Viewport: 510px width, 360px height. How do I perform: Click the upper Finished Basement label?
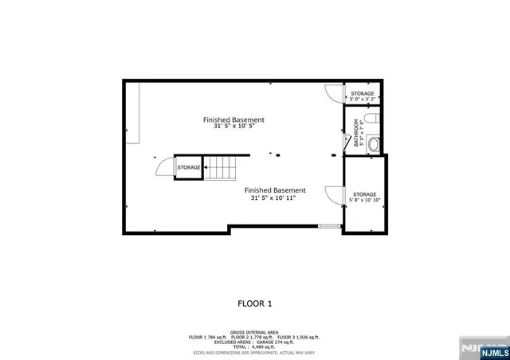point(233,120)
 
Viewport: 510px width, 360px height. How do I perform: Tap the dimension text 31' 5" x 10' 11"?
point(274,198)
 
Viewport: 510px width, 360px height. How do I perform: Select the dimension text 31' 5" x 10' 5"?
point(233,127)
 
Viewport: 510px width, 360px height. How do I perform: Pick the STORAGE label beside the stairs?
point(189,167)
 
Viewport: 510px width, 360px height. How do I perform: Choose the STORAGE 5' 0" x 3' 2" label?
point(363,96)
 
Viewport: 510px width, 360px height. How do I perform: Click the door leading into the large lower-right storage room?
point(334,194)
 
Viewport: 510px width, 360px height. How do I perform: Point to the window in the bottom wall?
point(329,226)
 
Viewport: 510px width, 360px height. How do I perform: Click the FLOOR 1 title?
point(255,303)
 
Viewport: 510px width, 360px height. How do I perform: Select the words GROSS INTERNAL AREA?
point(254,331)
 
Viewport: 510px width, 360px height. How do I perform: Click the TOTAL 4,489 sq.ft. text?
point(254,346)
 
